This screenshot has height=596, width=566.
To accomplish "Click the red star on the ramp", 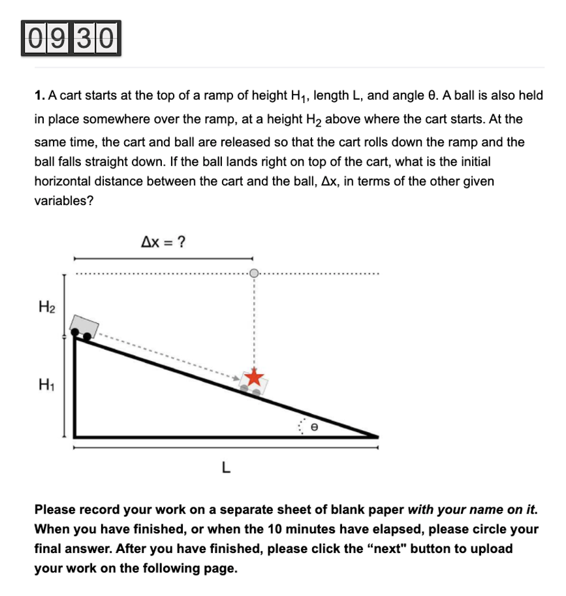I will click(x=255, y=377).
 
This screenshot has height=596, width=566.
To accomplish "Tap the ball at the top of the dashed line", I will click(x=254, y=273).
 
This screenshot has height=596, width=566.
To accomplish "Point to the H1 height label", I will click(x=46, y=384).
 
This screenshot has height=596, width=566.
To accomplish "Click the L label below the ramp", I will click(x=225, y=467).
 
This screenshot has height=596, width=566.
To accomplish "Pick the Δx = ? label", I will click(x=163, y=242).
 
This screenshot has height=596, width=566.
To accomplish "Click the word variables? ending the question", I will click(x=64, y=200).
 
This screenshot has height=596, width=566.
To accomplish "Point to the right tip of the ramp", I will click(x=377, y=435).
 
